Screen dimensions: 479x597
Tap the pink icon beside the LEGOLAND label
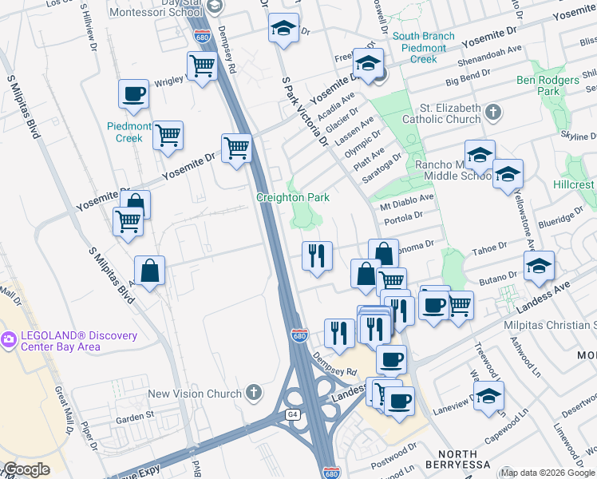point(9,339)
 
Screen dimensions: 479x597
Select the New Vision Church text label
point(194,394)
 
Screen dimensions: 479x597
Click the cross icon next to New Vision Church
point(253,393)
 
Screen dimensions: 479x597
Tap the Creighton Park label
point(292,197)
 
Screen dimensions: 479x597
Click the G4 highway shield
point(292,414)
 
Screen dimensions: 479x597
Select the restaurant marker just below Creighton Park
point(317,256)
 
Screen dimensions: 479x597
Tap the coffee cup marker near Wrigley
point(133,93)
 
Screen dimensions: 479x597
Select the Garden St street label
point(134,416)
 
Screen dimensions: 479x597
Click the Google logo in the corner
point(27,469)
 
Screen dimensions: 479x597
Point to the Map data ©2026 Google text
point(548,472)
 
